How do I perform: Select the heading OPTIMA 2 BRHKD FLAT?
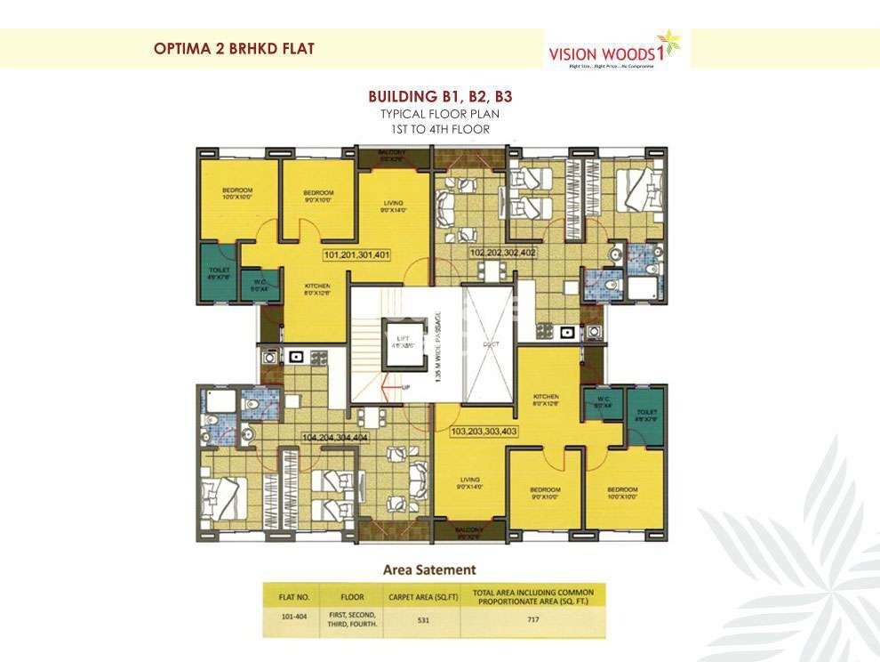234,49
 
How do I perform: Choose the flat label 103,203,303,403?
485,432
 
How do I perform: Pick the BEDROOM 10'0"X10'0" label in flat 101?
237,193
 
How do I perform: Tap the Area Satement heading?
428,569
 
